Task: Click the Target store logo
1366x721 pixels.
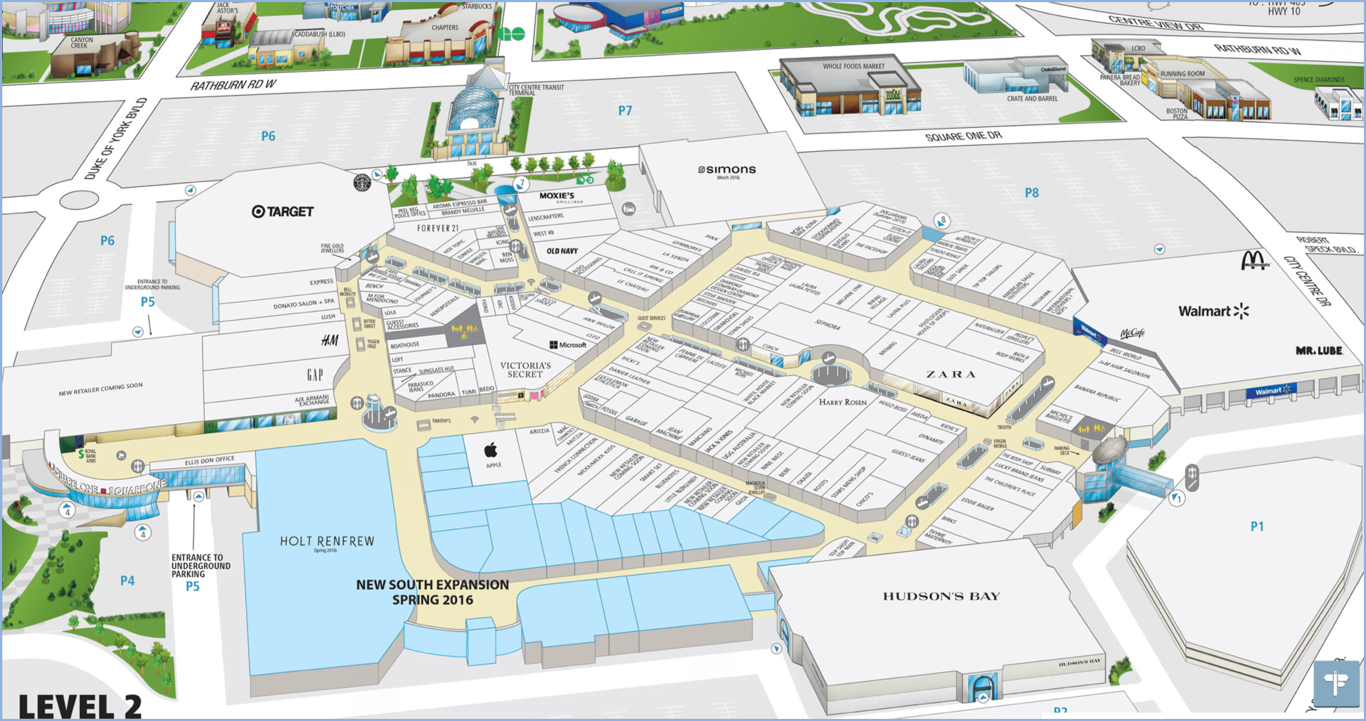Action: (x=283, y=212)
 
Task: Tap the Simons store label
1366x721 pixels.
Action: (x=727, y=170)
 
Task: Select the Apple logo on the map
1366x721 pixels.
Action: (x=492, y=450)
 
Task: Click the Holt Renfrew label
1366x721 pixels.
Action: (x=327, y=541)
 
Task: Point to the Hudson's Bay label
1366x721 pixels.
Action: (x=941, y=597)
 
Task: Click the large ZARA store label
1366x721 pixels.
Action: (x=951, y=374)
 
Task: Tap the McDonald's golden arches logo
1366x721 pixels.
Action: (x=1255, y=260)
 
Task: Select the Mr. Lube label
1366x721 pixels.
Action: (x=1319, y=350)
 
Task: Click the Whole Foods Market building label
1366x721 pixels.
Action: (x=853, y=67)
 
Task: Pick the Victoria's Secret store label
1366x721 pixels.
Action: (x=525, y=370)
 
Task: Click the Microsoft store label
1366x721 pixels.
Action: (x=568, y=345)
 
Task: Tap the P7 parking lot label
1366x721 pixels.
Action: (x=625, y=110)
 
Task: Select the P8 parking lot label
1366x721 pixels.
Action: (x=1031, y=193)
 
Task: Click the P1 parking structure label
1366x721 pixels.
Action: (x=1257, y=526)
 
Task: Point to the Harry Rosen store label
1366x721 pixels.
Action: (x=843, y=402)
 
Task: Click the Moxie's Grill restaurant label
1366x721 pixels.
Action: (x=557, y=196)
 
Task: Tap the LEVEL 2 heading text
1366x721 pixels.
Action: (x=79, y=706)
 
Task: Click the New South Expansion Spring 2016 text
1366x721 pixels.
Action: (x=432, y=592)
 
